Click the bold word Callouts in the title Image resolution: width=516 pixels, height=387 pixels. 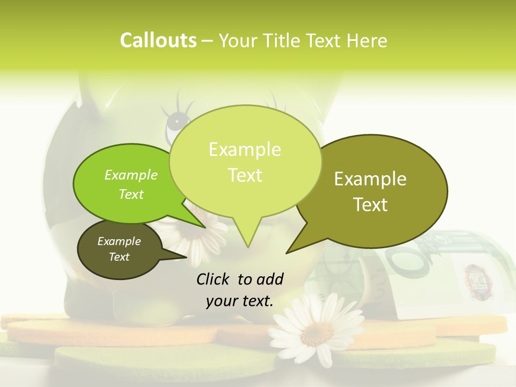(x=158, y=40)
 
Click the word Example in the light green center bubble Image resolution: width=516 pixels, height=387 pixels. (x=245, y=149)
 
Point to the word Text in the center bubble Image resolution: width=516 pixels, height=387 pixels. (x=245, y=175)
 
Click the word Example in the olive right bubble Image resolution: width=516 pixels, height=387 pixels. (x=370, y=179)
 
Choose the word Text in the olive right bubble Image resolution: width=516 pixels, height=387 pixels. (x=371, y=205)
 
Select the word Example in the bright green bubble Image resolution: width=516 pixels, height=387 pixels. (x=131, y=175)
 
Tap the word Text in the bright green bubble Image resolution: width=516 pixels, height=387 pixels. (x=131, y=195)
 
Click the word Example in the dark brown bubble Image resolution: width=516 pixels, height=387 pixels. (x=119, y=241)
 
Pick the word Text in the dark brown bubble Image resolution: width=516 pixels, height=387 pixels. (x=119, y=257)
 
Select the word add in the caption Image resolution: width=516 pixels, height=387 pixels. (x=270, y=279)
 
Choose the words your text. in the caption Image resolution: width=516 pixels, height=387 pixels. (x=240, y=301)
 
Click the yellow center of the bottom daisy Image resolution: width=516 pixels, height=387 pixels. (x=312, y=334)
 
